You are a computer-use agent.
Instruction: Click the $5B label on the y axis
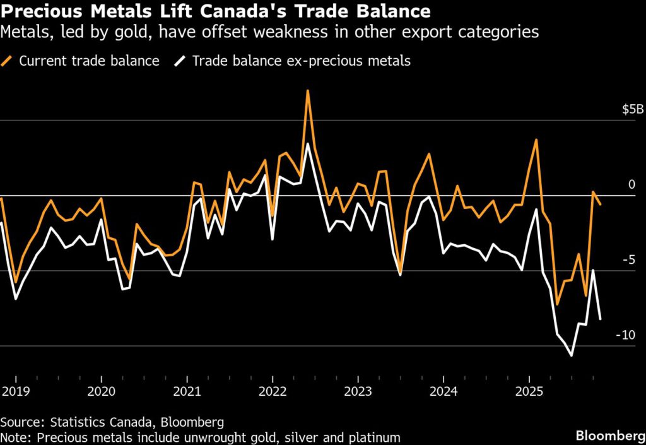(632, 110)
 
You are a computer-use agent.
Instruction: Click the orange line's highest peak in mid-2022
(307, 90)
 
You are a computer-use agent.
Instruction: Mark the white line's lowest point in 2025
(572, 356)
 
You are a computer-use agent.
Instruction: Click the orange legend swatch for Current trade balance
(8, 61)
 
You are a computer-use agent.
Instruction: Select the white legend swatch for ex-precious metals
(181, 61)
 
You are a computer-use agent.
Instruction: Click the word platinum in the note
(377, 437)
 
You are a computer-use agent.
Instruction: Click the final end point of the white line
(600, 319)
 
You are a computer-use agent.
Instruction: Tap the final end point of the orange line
(600, 205)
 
